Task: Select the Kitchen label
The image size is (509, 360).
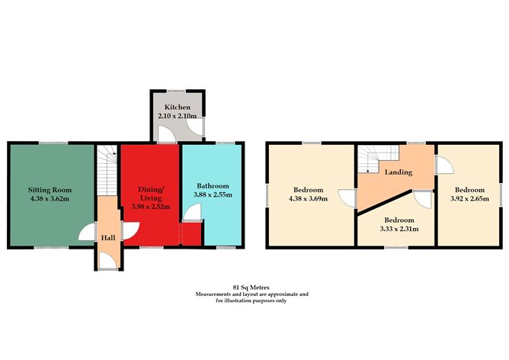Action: pos(177,107)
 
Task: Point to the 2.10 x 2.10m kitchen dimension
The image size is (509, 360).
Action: pos(177,116)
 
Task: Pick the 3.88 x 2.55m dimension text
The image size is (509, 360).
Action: pos(209,195)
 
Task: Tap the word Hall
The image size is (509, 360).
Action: pos(107,237)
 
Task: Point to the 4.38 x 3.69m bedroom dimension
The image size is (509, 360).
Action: pos(309,199)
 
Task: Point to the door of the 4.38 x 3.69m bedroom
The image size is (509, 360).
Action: pos(348,199)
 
